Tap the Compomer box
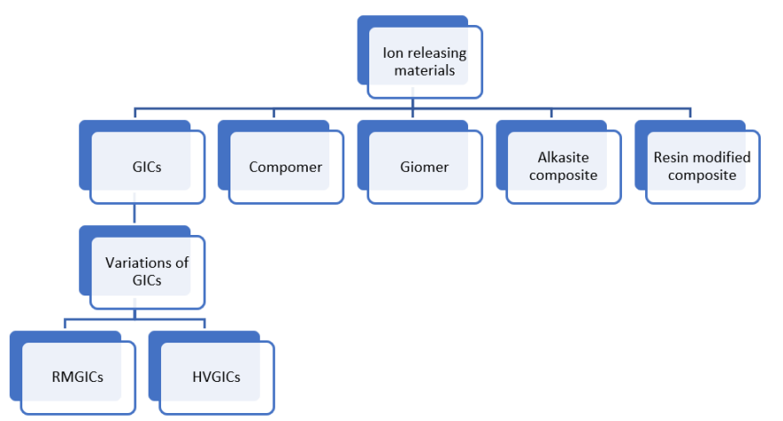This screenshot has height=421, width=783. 285,166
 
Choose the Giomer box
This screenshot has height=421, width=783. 424,166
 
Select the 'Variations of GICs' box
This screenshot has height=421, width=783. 147,271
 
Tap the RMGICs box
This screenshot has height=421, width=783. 77,376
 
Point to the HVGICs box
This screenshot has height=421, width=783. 216,376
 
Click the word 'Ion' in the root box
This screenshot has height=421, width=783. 392,53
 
